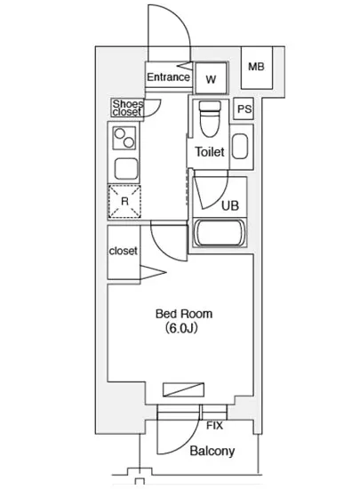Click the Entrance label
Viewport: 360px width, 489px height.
pyautogui.click(x=168, y=77)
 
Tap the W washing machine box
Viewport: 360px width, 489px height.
pyautogui.click(x=211, y=78)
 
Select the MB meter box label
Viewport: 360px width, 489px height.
pyautogui.click(x=256, y=67)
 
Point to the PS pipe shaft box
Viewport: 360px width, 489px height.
pyautogui.click(x=244, y=108)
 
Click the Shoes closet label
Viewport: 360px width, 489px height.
pyautogui.click(x=128, y=108)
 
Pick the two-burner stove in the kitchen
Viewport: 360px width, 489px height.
pyautogui.click(x=124, y=138)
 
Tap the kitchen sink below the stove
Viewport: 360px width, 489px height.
pyautogui.click(x=126, y=169)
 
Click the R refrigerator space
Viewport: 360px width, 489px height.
pyautogui.click(x=124, y=202)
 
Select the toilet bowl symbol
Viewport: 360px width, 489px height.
pyautogui.click(x=210, y=119)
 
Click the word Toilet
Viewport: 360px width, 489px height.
pyautogui.click(x=210, y=152)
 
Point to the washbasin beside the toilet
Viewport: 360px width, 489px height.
pyautogui.click(x=240, y=147)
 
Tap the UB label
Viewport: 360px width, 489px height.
pyautogui.click(x=230, y=206)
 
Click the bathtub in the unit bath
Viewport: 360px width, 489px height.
pyautogui.click(x=220, y=233)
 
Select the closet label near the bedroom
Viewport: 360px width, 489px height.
pyautogui.click(x=124, y=251)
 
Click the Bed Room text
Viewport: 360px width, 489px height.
pyautogui.click(x=184, y=314)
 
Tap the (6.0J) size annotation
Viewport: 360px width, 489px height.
pyautogui.click(x=181, y=328)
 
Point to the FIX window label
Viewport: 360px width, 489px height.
pyautogui.click(x=214, y=425)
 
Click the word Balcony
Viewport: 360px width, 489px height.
pyautogui.click(x=212, y=451)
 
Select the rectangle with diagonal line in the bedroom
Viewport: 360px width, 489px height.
pyautogui.click(x=184, y=389)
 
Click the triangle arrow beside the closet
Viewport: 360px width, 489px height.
pyautogui.click(x=153, y=273)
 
